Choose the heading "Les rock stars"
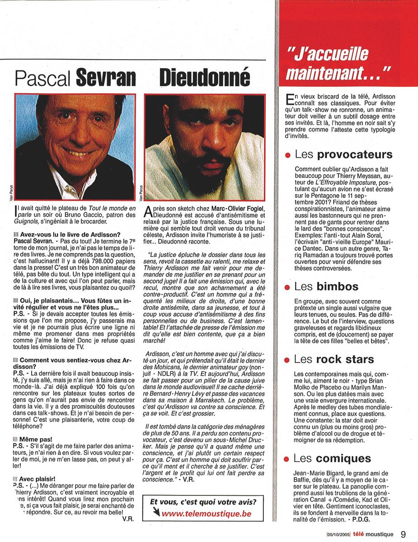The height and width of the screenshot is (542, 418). tap(334, 360)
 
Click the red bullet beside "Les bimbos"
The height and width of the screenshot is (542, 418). tap(287, 288)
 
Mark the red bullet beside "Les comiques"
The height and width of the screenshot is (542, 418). tap(287, 460)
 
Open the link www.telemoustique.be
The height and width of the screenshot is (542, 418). tap(206, 513)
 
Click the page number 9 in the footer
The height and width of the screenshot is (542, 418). tap(403, 534)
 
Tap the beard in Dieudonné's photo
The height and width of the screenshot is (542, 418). tap(208, 172)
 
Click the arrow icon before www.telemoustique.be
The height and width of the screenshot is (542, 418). tap(156, 512)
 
